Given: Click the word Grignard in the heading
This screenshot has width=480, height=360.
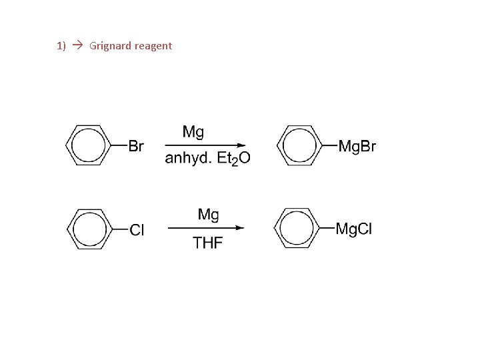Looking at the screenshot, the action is click(110, 46).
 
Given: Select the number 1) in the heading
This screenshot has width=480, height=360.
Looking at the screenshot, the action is click(61, 46).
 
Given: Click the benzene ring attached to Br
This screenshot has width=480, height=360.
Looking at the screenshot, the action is click(89, 145).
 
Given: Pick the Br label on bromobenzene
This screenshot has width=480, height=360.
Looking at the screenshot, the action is click(135, 145).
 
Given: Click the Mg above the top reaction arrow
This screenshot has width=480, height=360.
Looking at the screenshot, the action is click(193, 131).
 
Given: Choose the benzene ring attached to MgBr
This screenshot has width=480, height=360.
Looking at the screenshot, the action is click(298, 145).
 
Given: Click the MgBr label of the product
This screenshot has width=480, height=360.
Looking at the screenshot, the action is click(357, 145).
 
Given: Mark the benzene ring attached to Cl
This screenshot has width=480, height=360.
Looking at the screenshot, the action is click(89, 229).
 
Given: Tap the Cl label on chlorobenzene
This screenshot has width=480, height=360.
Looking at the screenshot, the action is click(137, 230).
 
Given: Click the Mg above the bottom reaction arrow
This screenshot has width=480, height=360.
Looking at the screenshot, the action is click(209, 215).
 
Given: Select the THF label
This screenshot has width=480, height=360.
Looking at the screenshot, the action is click(208, 243).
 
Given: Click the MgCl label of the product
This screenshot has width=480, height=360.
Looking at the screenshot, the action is click(354, 229).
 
